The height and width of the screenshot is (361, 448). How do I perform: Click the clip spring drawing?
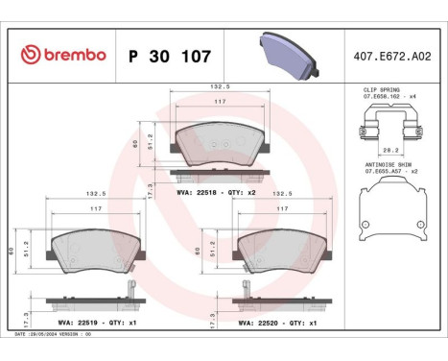click(x=392, y=125)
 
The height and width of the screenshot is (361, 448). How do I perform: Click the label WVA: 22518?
click(x=199, y=193)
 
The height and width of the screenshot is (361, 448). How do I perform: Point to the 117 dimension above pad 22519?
click(x=93, y=208)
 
